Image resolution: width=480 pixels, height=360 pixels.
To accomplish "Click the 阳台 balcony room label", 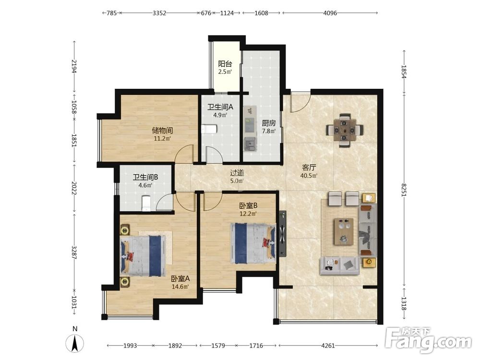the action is pyautogui.click(x=225, y=64).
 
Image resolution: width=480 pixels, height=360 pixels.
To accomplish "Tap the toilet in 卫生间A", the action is pyautogui.click(x=209, y=129).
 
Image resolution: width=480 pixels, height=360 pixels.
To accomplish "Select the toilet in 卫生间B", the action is pyautogui.click(x=146, y=204).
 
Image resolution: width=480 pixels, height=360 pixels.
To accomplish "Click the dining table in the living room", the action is pyautogui.click(x=345, y=131).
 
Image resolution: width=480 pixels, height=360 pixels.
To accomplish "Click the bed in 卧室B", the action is pyautogui.click(x=253, y=244).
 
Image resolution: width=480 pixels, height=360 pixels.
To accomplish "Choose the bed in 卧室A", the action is pyautogui.click(x=142, y=256).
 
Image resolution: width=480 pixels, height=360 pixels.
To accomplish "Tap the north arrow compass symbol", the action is pyautogui.click(x=75, y=343).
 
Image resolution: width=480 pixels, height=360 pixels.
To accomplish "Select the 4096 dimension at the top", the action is pyautogui.click(x=330, y=13).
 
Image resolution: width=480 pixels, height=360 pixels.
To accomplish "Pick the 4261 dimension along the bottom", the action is pyautogui.click(x=328, y=346).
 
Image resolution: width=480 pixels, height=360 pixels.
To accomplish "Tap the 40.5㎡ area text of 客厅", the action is pyautogui.click(x=309, y=176).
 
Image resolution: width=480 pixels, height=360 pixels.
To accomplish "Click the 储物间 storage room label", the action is pyautogui.click(x=162, y=131).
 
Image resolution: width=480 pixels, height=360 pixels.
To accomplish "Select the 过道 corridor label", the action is pyautogui.click(x=237, y=173).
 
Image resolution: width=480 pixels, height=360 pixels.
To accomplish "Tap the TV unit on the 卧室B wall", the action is pyautogui.click(x=283, y=234).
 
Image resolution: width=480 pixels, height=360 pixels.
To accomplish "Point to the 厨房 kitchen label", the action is pyautogui.click(x=268, y=123).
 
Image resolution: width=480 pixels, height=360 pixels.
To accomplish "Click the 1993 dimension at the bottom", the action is pyautogui.click(x=130, y=346).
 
